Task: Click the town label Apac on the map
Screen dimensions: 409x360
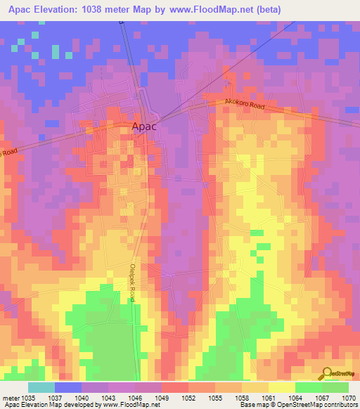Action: [x=143, y=126]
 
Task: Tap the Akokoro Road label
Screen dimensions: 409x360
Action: [x=245, y=105]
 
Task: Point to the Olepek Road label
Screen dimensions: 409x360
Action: [x=132, y=283]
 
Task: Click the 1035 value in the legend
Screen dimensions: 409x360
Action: [x=25, y=397]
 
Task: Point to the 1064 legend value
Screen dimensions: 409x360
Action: [x=298, y=397]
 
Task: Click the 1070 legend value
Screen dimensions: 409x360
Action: [x=349, y=397]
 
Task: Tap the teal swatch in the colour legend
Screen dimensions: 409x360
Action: [x=41, y=387]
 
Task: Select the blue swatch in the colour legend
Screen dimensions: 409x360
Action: [x=68, y=387]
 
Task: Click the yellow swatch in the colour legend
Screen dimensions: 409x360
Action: [x=282, y=387]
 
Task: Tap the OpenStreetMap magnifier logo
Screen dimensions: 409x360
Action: [x=327, y=372]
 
